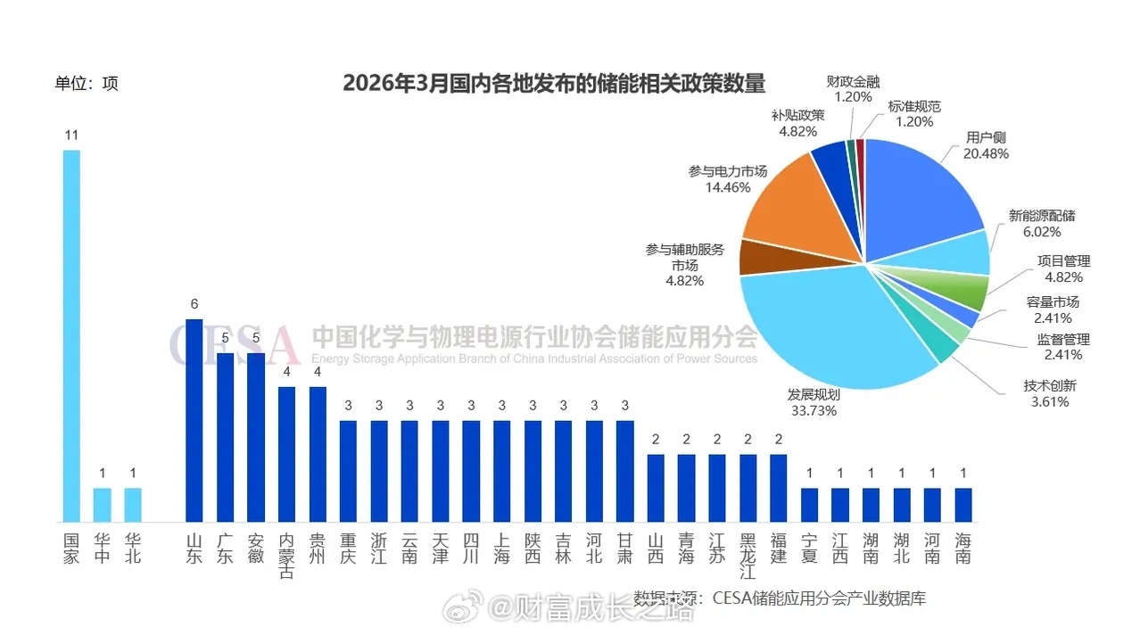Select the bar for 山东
pos(194,420)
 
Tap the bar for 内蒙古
pos(286,454)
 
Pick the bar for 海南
pos(962,504)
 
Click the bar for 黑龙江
pos(748,488)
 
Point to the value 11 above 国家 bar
pos(71,136)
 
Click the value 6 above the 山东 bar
pos(194,304)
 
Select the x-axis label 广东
pos(225,548)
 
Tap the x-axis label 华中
pos(102,548)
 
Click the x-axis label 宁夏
pos(809,548)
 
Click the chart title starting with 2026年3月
pos(554,84)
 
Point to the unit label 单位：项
pos(87,84)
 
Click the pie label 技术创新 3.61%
pos(1050,393)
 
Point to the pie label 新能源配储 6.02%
pos(1041,223)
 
